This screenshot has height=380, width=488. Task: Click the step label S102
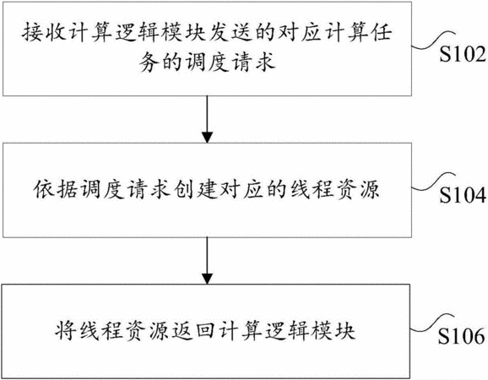463,54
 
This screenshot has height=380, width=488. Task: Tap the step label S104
463,195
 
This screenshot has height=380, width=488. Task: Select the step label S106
462,336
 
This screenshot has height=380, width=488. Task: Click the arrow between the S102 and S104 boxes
207,119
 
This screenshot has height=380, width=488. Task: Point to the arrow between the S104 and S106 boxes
207,260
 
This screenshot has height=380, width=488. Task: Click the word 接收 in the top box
45,32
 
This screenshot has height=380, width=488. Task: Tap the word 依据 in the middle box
56,189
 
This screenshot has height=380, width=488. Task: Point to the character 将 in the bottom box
66,330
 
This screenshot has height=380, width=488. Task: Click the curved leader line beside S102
433,40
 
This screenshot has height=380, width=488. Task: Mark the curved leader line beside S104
433,182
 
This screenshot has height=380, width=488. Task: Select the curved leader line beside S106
432,323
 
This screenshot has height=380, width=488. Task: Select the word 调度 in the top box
207,61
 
